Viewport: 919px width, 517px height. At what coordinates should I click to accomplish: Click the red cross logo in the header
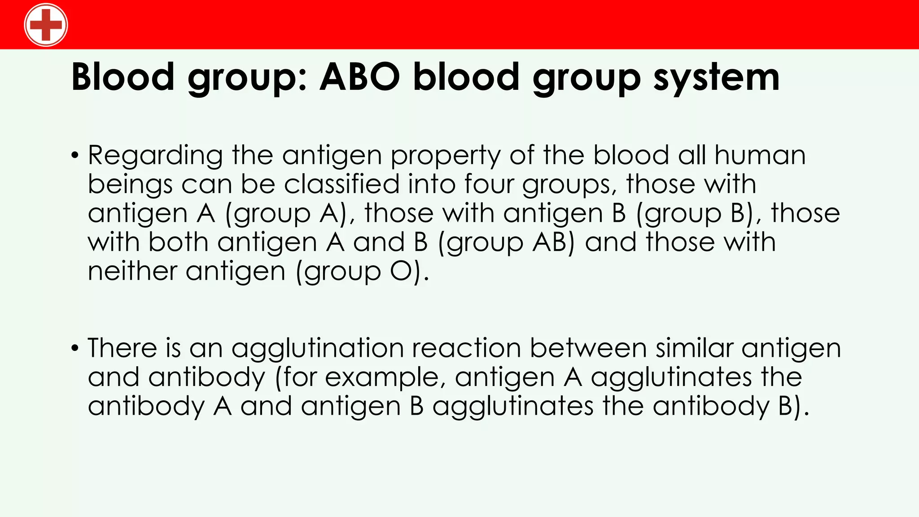click(x=46, y=25)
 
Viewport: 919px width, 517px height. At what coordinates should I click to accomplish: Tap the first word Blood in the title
click(x=123, y=77)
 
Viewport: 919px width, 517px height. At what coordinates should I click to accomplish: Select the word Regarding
click(x=155, y=156)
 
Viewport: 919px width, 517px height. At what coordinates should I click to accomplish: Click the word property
click(x=445, y=156)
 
